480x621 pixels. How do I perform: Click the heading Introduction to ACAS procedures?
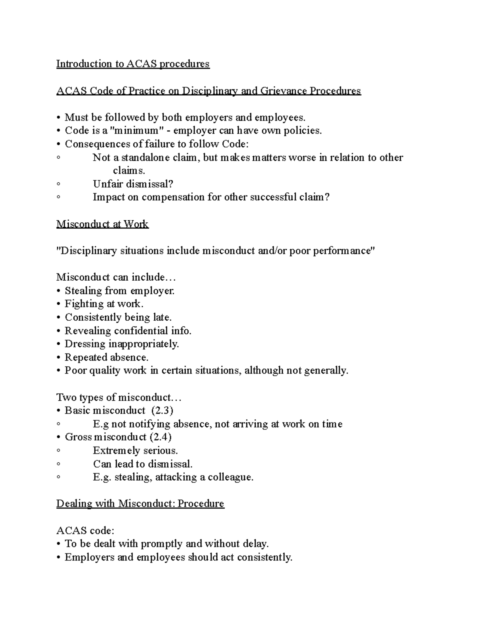click(x=133, y=64)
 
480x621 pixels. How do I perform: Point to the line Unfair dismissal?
click(x=133, y=184)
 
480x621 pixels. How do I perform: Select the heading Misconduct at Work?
click(x=102, y=224)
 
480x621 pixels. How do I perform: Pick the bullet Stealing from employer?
click(x=119, y=291)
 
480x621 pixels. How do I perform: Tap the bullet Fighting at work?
click(x=104, y=304)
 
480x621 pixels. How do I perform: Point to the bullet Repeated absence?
click(x=106, y=357)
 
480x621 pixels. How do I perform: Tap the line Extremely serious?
click(x=135, y=451)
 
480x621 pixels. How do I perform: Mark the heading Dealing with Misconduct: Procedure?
click(x=140, y=503)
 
